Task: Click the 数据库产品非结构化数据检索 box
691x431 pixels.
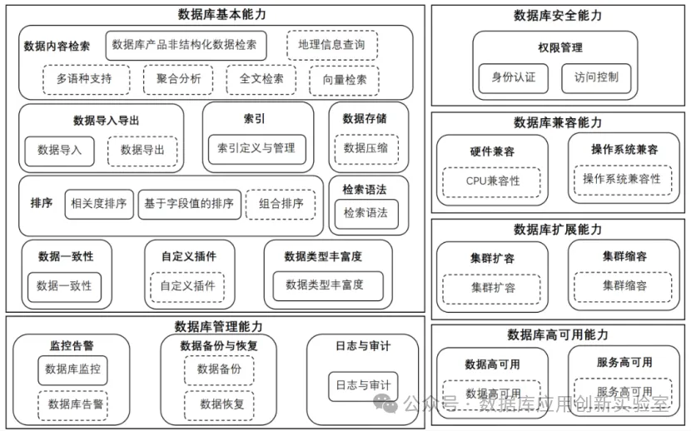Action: [x=185, y=45]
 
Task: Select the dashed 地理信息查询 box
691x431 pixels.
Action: [x=331, y=45]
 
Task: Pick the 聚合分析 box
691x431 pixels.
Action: [x=178, y=80]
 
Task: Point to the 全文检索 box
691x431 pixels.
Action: [x=261, y=80]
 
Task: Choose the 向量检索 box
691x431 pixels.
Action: [x=344, y=80]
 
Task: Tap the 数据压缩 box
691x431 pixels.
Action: [x=365, y=148]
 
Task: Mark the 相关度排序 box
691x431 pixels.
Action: [x=99, y=203]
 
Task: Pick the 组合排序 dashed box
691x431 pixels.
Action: [x=280, y=203]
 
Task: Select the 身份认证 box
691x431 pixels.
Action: [x=513, y=77]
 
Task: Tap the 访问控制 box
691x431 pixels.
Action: [x=595, y=77]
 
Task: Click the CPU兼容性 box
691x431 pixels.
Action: [x=492, y=181]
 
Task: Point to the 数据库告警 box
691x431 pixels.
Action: [x=75, y=404]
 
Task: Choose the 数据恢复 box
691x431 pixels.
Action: [x=221, y=404]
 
